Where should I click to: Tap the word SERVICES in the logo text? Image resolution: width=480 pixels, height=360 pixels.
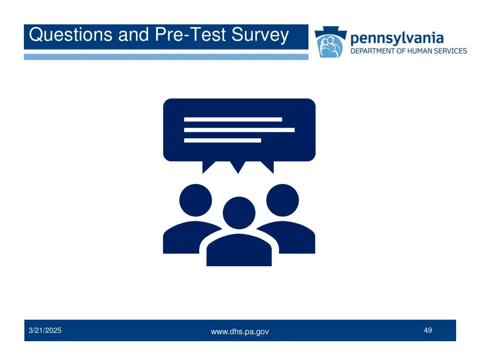(x=452, y=51)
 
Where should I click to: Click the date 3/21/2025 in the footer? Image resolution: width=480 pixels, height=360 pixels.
(x=45, y=330)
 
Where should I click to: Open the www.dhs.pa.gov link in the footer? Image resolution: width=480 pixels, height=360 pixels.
(x=240, y=332)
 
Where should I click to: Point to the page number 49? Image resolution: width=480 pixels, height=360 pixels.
(x=427, y=330)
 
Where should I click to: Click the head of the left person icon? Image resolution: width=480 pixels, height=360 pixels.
(x=195, y=200)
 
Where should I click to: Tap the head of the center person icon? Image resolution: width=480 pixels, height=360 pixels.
(x=239, y=213)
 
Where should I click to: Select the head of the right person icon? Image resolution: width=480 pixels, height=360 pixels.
(x=282, y=200)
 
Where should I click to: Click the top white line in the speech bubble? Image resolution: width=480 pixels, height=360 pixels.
(x=233, y=120)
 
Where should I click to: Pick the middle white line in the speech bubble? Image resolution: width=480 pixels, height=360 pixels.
(x=239, y=130)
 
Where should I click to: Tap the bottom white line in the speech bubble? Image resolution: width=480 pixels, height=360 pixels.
(x=222, y=140)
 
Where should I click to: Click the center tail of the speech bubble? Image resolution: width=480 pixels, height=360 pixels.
(x=238, y=167)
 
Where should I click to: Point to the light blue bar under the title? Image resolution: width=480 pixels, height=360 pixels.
(x=166, y=57)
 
